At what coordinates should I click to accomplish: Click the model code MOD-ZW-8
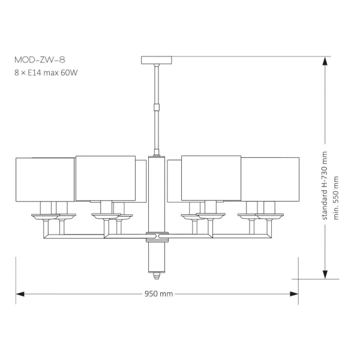click(40, 60)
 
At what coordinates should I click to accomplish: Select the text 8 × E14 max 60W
click(46, 73)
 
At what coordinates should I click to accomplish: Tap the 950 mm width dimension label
click(158, 294)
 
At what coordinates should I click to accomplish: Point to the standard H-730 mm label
click(325, 185)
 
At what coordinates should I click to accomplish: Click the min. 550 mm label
click(335, 198)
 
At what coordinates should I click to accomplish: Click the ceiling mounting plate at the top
click(157, 60)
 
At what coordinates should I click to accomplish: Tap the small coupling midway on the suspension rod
click(157, 107)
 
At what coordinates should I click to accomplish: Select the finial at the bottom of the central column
click(157, 275)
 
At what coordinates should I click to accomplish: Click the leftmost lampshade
click(45, 179)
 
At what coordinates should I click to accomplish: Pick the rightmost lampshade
click(270, 179)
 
